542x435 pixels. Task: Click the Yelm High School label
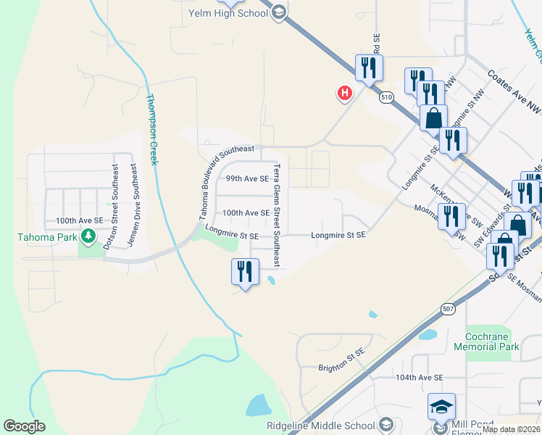[228, 12]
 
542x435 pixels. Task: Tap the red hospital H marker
[345, 93]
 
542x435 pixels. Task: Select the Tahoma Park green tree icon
[88, 236]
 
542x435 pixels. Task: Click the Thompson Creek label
[151, 129]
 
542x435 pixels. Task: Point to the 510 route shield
[386, 96]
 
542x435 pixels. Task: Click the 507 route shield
[448, 310]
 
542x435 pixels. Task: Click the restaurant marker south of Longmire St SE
[245, 272]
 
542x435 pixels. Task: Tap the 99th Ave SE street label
[246, 178]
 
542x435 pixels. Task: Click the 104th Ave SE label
[419, 378]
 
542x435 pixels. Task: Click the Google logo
[24, 426]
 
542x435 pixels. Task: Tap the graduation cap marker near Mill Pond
[441, 408]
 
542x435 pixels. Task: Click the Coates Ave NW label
[514, 91]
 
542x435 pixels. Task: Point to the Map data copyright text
[511, 429]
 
